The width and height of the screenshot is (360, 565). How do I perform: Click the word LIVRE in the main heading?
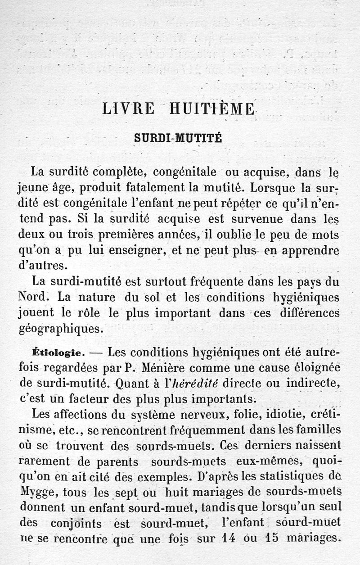128,109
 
